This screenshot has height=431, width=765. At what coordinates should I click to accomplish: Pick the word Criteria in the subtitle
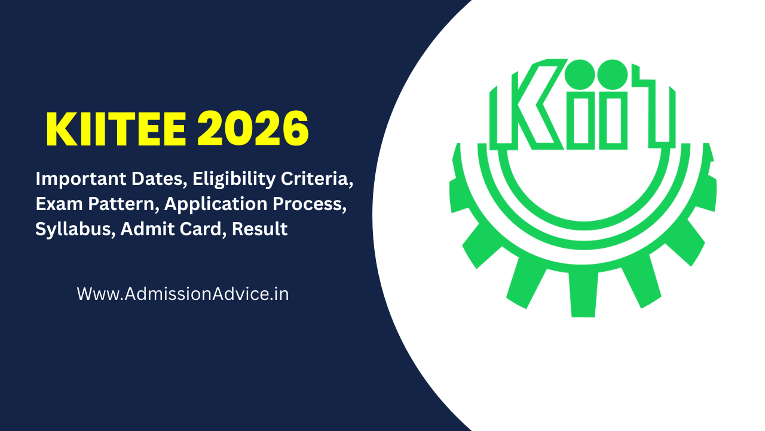click(x=320, y=178)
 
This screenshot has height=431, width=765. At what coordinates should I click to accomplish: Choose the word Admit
click(x=141, y=229)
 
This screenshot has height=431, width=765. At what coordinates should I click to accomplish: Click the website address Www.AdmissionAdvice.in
click(x=183, y=294)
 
